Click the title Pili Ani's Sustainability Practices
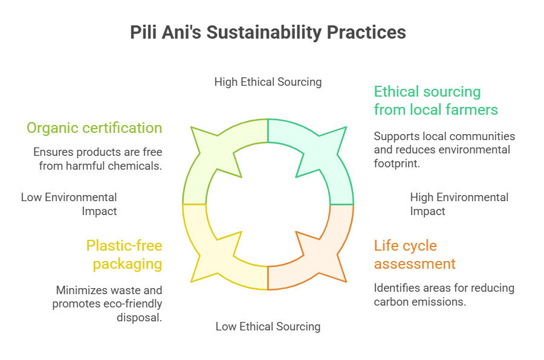coord(268,33)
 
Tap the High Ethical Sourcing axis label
coord(268,82)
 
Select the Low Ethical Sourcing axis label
coord(268,327)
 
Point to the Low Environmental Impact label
coord(70,204)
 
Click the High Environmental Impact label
coord(459,204)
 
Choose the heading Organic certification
coord(94,128)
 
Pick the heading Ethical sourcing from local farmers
coord(435,100)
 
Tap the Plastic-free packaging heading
coord(124,254)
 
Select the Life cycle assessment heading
coord(415,254)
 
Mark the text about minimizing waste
coord(108,304)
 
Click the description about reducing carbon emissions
coord(444,295)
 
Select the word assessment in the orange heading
coord(415,264)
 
